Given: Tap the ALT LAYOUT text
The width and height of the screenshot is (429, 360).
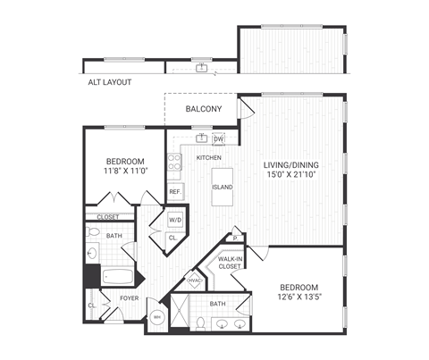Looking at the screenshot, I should (109, 82).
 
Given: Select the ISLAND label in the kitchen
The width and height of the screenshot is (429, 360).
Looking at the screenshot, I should (223, 188).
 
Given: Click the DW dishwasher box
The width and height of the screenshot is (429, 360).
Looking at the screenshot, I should (218, 138).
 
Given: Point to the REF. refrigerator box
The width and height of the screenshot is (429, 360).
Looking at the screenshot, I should (175, 192).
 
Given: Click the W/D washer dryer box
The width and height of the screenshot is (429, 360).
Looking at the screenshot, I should (176, 219).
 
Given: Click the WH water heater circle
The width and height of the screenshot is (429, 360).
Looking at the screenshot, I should (157, 317).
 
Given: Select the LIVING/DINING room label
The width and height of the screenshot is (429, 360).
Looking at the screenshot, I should (290, 165).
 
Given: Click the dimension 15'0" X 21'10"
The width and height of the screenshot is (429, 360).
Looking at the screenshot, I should (290, 176).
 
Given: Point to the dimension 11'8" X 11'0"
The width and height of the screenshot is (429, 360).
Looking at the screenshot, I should (124, 171).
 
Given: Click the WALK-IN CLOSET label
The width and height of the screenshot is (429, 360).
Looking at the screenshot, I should (230, 263).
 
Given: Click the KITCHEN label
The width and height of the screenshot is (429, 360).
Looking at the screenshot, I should (208, 158).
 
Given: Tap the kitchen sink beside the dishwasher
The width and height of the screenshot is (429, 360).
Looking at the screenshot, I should (202, 138).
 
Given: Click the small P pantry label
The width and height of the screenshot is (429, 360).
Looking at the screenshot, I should (233, 239).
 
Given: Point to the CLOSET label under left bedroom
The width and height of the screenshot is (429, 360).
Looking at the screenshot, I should (108, 216).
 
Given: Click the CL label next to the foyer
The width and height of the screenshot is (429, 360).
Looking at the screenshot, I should (92, 306).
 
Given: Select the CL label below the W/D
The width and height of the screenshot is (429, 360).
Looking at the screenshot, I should (172, 239).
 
